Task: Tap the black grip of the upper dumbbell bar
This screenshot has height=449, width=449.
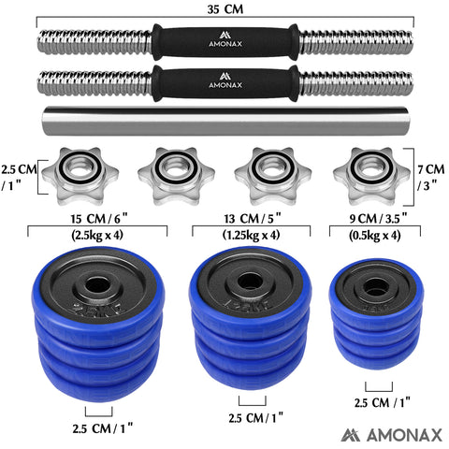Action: click(224, 43)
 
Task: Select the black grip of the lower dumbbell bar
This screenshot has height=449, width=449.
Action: click(224, 82)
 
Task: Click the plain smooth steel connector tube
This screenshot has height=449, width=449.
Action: click(224, 122)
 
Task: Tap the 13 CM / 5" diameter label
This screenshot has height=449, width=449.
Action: click(249, 218)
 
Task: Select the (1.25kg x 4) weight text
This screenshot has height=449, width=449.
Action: click(249, 236)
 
